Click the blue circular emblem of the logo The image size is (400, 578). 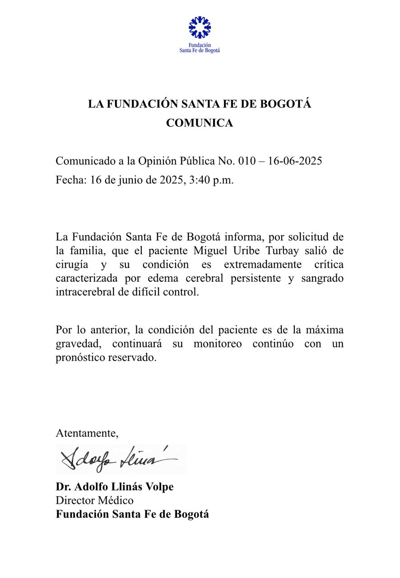[x=200, y=28]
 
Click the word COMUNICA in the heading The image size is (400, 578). [x=200, y=123]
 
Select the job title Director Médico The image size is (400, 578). [x=95, y=500]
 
